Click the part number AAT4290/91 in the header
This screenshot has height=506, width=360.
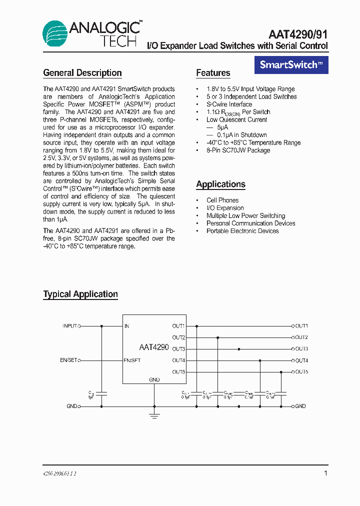[x=298, y=34]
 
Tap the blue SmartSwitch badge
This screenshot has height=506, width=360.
[x=291, y=65]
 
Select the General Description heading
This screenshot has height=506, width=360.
[x=82, y=73]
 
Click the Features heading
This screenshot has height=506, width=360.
[x=213, y=73]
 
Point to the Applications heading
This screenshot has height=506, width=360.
[x=220, y=184]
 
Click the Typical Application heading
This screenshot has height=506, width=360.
[x=80, y=294]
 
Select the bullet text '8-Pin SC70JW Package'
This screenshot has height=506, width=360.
[x=238, y=150]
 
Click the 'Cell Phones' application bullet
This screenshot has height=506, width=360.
[x=222, y=200]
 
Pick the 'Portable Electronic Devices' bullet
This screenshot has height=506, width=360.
[x=242, y=231]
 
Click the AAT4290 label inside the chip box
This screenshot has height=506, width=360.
[x=154, y=347]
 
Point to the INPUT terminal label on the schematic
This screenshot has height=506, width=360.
[x=69, y=326]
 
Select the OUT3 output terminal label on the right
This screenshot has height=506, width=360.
[x=301, y=349]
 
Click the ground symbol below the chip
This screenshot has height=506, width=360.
[x=154, y=415]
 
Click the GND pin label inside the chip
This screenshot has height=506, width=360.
[x=154, y=379]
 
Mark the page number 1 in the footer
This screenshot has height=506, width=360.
[x=325, y=473]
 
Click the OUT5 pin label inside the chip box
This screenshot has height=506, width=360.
[x=178, y=372]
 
